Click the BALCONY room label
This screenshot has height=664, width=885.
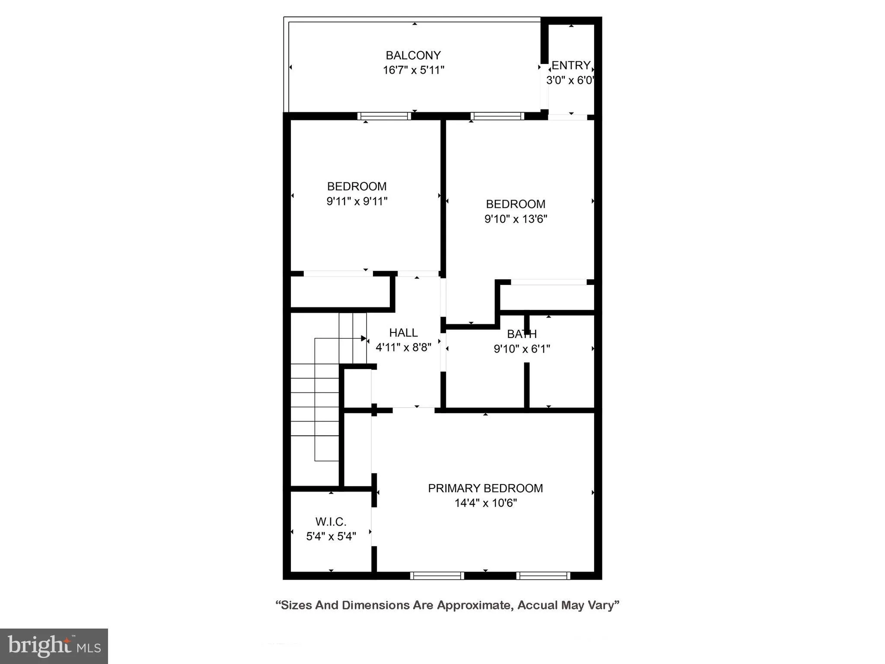click(413, 55)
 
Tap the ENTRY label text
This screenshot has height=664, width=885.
click(571, 65)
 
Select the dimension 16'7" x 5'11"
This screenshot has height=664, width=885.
click(414, 70)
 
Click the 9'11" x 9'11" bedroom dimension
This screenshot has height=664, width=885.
click(357, 201)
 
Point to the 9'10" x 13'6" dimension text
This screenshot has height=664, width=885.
click(516, 219)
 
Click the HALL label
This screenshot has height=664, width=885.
click(403, 332)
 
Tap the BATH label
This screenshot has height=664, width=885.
click(522, 334)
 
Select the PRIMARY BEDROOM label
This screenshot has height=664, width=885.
click(485, 488)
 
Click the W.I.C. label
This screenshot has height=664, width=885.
click(331, 522)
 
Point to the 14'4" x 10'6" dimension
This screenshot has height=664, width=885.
click(486, 503)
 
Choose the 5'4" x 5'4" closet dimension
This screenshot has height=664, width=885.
click(331, 536)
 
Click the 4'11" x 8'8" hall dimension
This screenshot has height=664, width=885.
click(404, 347)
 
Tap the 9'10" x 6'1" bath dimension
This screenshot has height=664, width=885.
click(522, 348)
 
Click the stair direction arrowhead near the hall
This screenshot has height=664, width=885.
click(363, 338)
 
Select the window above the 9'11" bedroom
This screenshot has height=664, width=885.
click(384, 116)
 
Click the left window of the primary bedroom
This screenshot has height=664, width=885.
click(437, 575)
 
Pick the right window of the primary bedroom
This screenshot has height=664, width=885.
click(543, 575)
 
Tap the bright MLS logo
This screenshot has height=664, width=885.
click(54, 646)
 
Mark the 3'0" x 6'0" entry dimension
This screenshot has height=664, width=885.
click(570, 80)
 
